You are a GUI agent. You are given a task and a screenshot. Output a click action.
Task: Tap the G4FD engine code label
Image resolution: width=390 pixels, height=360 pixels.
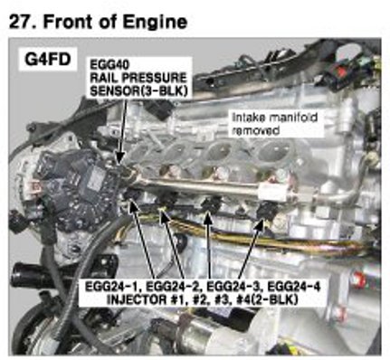(48, 60)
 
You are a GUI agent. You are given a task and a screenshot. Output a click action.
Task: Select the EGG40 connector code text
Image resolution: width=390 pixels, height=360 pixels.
(109, 64)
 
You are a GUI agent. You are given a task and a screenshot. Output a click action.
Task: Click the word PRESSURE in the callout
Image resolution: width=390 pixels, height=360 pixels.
(154, 78)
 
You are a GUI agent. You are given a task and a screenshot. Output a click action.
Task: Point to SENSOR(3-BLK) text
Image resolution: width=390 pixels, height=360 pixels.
(138, 91)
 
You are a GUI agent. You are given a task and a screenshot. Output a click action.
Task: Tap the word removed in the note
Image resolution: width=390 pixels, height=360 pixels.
(255, 130)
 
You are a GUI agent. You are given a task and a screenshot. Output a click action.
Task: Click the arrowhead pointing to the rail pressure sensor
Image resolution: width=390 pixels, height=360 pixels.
(120, 156)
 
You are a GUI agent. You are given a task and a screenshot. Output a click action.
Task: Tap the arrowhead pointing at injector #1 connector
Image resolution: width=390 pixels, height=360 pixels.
(132, 205)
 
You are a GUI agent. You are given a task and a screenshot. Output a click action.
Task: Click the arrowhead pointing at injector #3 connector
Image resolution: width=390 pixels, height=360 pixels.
(208, 218)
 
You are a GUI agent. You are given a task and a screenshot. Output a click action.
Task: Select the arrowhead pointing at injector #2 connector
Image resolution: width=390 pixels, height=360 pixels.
(163, 217)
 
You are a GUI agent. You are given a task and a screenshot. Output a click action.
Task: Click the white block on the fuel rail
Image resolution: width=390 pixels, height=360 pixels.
(273, 191)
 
